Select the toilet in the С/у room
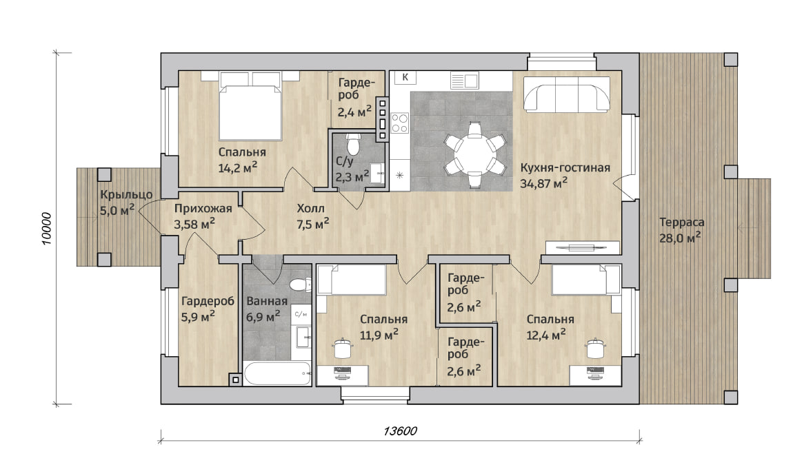pyautogui.click(x=353, y=144)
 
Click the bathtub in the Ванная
pyautogui.click(x=277, y=374)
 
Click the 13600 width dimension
pyautogui.click(x=400, y=431)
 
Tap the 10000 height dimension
pyautogui.click(x=46, y=228)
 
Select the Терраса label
pyautogui.click(x=682, y=222)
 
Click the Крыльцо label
pyautogui.click(x=126, y=194)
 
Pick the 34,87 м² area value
pyautogui.click(x=543, y=183)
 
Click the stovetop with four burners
pyautogui.click(x=399, y=123)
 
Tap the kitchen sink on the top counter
pyautogui.click(x=464, y=81)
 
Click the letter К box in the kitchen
pyautogui.click(x=405, y=77)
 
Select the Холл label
pyautogui.click(x=310, y=208)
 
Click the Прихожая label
pyautogui.click(x=203, y=209)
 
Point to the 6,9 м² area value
pyautogui.click(x=263, y=317)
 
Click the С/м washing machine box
pyautogui.click(x=301, y=314)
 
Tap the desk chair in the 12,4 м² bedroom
pyautogui.click(x=594, y=348)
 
